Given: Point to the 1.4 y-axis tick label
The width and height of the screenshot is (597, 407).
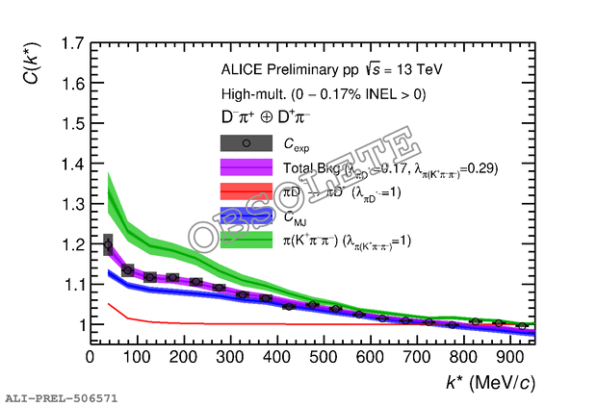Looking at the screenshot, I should click(69, 165).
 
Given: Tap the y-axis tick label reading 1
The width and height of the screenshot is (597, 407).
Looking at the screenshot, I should click(76, 325).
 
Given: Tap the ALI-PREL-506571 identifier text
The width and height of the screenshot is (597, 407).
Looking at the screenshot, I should click(61, 396).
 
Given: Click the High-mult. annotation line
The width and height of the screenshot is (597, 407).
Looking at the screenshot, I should click(323, 93).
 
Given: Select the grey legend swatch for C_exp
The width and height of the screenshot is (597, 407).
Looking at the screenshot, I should click(247, 143).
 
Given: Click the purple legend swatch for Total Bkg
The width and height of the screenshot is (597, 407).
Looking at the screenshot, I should click(247, 167).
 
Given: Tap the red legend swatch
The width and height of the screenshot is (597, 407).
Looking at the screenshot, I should click(247, 191).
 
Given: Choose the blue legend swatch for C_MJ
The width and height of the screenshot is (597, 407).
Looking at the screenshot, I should click(247, 216).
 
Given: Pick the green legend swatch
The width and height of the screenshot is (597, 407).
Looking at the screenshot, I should click(247, 240).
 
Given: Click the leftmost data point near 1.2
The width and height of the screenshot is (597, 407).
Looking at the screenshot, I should click(108, 244).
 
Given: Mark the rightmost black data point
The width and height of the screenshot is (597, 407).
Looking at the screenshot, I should click(522, 326).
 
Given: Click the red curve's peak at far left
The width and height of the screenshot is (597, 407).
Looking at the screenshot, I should click(108, 304).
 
